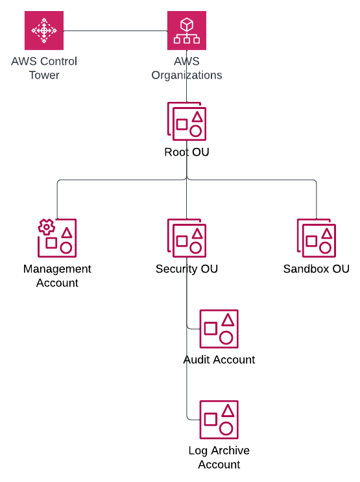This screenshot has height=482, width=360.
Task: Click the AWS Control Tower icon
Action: [x=44, y=30]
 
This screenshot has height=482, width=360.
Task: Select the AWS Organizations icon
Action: [x=187, y=30]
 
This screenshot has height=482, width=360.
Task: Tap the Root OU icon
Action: [x=187, y=121]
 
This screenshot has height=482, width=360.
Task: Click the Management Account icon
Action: [x=57, y=237]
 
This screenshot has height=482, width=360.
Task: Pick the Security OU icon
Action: [x=187, y=237]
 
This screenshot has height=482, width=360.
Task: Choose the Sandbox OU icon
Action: [x=317, y=237]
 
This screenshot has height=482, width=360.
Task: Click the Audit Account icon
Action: [x=219, y=329]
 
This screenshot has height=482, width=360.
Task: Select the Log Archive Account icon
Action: [x=219, y=420]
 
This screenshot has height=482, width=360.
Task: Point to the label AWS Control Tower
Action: [x=44, y=68]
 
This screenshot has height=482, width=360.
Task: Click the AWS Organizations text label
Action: [x=187, y=68]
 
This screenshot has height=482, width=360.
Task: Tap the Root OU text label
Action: [x=187, y=152]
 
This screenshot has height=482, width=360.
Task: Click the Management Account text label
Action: [x=57, y=276]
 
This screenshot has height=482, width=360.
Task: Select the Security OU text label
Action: [x=187, y=269]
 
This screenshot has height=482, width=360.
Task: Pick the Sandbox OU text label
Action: [x=317, y=269]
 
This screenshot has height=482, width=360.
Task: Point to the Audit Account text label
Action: [x=219, y=359]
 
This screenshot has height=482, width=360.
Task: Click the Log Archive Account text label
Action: [x=219, y=457]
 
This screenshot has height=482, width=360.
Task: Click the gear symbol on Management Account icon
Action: [x=45, y=227]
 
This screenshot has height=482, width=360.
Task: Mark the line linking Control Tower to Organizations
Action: [x=115, y=30]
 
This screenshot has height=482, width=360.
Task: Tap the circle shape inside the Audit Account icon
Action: [x=226, y=337]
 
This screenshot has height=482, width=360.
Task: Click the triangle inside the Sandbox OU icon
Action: [x=326, y=233]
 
